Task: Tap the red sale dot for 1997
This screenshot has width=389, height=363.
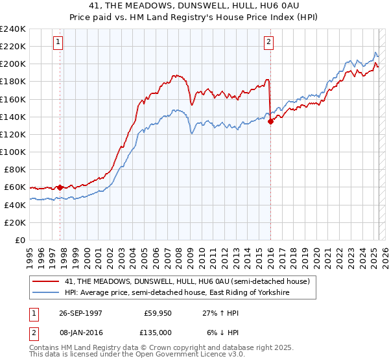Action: [60, 187]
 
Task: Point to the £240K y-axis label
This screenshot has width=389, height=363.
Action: [13, 29]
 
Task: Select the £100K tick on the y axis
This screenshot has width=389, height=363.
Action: [13, 152]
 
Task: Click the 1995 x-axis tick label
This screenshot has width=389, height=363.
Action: [30, 253]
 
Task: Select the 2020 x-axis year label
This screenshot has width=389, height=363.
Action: [316, 253]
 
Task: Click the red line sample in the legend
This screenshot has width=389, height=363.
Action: [47, 281]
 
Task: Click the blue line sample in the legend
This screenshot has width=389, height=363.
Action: [47, 293]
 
